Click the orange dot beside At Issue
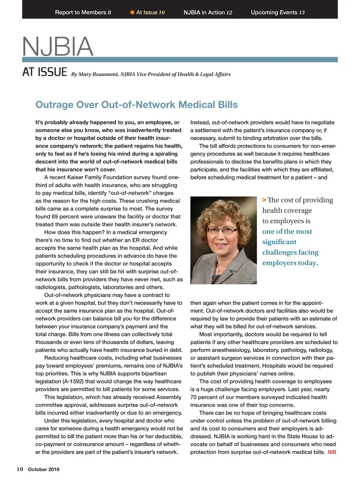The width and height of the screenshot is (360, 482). coord(133,12)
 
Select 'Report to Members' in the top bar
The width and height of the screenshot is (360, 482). coord(81,12)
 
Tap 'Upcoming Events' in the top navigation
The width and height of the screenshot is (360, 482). coord(274,12)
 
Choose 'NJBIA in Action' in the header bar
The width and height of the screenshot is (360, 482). coord(204,12)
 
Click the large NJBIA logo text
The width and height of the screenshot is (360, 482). coord(58,47)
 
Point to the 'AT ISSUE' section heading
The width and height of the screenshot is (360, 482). coord(45,72)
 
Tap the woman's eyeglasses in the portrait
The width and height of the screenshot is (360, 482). coord(223,230)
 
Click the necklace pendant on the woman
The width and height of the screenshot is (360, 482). coord(220,272)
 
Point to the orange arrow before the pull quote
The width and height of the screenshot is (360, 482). coord(264,200)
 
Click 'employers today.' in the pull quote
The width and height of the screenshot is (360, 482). coord(290,263)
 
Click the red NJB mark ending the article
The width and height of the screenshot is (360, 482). coord(332,452)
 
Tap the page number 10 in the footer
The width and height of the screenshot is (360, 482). coord(20,469)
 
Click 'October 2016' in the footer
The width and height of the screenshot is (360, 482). coord(44,469)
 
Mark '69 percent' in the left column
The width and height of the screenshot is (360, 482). coord(65,217)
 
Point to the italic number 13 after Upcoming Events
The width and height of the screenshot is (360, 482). coord(302,13)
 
